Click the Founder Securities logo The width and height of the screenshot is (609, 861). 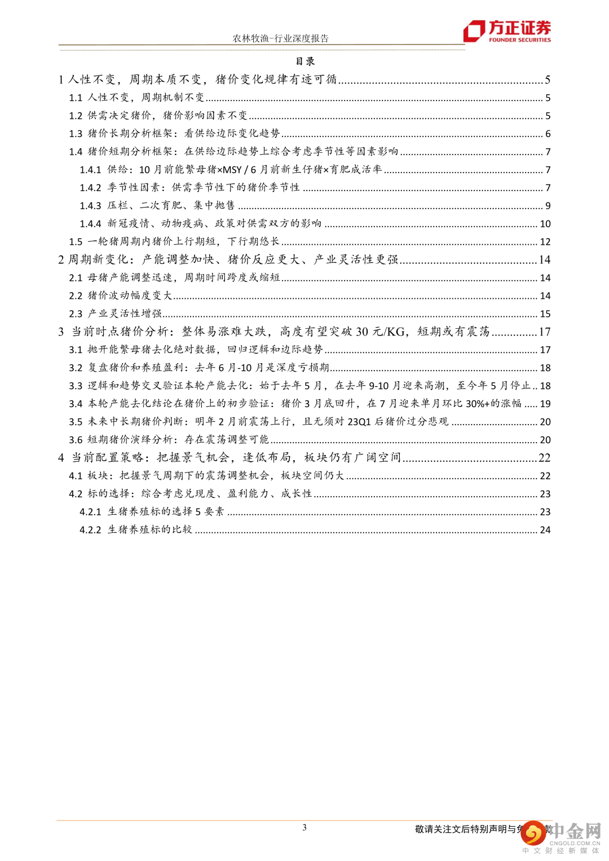click(506, 31)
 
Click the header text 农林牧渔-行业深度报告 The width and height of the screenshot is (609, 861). click(280, 38)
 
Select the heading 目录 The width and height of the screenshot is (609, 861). click(305, 61)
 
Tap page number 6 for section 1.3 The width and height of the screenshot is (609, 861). click(548, 134)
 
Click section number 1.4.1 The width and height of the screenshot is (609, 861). click(90, 170)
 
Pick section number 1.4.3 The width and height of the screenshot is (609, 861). click(90, 206)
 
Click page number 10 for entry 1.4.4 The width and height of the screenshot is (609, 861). click(545, 224)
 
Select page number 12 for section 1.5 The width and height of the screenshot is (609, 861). click(545, 242)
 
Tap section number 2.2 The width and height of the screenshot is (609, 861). click(76, 296)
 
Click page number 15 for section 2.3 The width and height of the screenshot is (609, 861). click(545, 314)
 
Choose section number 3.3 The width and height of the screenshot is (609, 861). click(76, 386)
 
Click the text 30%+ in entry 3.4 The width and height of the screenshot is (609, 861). click(477, 404)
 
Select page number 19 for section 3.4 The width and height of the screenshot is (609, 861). click(545, 404)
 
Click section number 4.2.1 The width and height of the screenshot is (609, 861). click(90, 512)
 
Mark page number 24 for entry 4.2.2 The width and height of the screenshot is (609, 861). click(545, 530)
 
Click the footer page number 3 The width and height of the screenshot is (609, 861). click(304, 828)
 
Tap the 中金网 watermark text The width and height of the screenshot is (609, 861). click(575, 831)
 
